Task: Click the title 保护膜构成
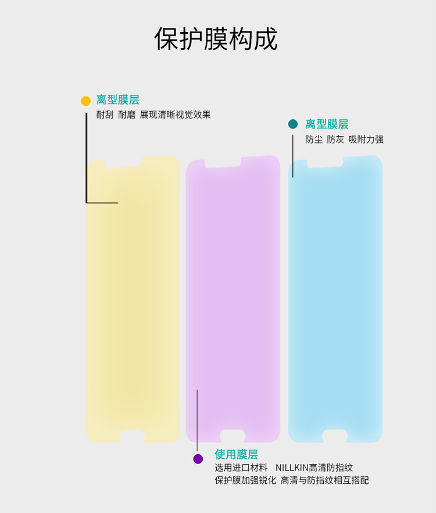coord(216,39)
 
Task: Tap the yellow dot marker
coord(85,101)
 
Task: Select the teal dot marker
coord(293,124)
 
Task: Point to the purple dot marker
coord(198,459)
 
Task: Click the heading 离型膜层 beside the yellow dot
coord(118,100)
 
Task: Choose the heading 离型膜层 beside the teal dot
coord(327,124)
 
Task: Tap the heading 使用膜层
coord(236,454)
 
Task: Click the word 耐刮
coord(105,115)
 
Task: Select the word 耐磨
coord(126,115)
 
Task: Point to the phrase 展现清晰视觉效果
coord(175,115)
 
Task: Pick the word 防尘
coord(314,140)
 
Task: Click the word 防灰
coord(335,140)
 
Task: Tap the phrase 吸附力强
coord(366,140)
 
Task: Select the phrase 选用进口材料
coord(241,468)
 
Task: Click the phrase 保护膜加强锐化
coord(245,480)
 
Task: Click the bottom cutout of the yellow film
coord(133,436)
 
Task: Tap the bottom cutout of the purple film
coord(233,436)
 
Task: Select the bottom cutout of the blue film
coord(335,436)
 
